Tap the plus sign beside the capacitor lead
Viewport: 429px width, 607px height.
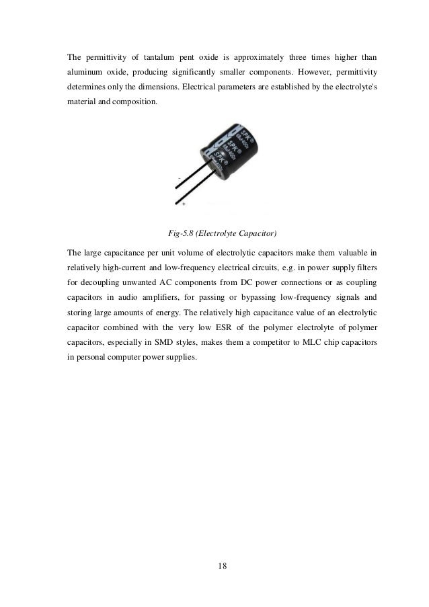click(x=184, y=202)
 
